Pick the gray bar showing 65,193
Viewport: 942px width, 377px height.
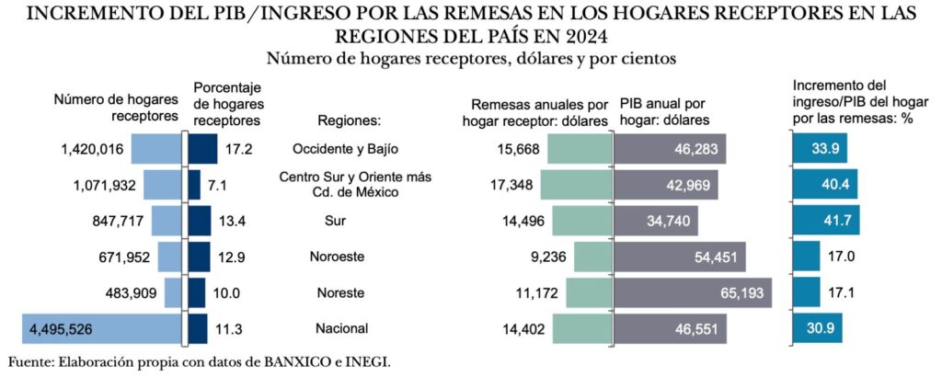(x=693, y=292)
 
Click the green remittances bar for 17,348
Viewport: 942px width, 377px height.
(x=575, y=185)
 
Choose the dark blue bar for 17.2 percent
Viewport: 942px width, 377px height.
(x=202, y=149)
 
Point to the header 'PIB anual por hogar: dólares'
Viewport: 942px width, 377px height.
(x=664, y=112)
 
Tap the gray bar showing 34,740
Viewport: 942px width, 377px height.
(x=656, y=221)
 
